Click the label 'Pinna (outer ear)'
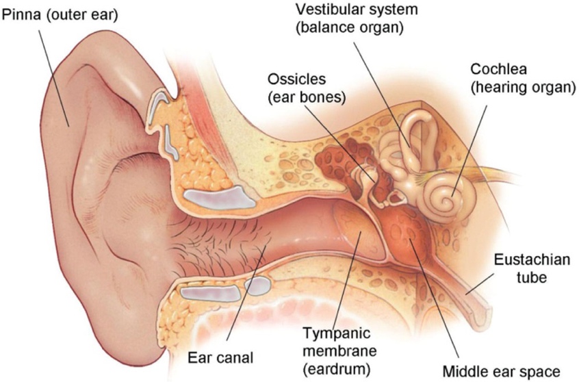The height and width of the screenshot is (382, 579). coord(60,15)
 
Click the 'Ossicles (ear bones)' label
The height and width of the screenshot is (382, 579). coord(307,88)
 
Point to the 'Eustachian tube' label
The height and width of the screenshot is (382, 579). coord(532,268)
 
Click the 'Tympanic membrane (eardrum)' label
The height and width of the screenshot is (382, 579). coord(339,351)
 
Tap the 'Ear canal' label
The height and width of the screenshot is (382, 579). coord(220,357)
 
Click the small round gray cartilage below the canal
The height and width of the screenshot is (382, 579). coord(257,286)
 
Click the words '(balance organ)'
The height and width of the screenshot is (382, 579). coord(350,28)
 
